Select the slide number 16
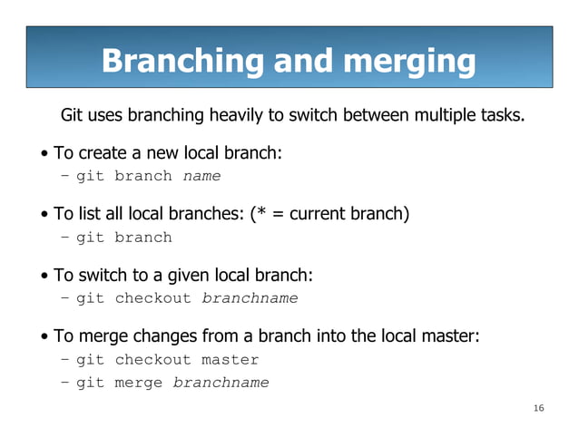[538, 409]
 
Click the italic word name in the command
[201, 176]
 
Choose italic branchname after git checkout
[250, 298]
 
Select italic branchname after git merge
[221, 383]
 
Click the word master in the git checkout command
[230, 360]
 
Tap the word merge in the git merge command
[139, 383]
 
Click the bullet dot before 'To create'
[44, 154]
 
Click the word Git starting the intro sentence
[73, 116]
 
